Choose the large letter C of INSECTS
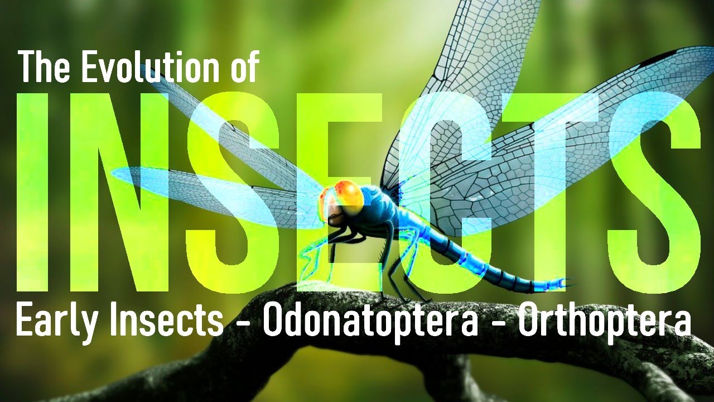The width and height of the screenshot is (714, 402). click(x=441, y=193)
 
